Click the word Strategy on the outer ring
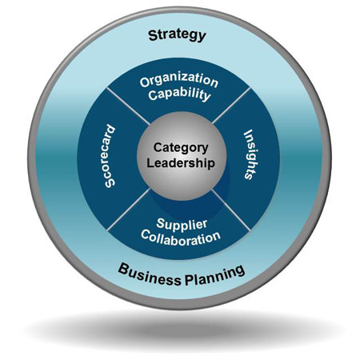click(177, 35)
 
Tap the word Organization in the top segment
click(179, 80)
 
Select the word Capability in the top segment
click(179, 94)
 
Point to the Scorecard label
click(110, 156)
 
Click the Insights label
click(250, 154)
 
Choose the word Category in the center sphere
click(181, 148)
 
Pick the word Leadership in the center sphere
click(181, 163)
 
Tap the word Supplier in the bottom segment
click(182, 224)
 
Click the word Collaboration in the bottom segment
click(181, 238)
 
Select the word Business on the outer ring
click(149, 274)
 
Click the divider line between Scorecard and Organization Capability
click(128, 106)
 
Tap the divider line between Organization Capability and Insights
click(231, 106)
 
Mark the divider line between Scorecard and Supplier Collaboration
click(129, 210)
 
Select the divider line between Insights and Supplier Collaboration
click(231, 210)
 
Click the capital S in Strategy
click(153, 35)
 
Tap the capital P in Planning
click(190, 280)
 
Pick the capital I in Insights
click(249, 132)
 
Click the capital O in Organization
click(145, 82)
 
